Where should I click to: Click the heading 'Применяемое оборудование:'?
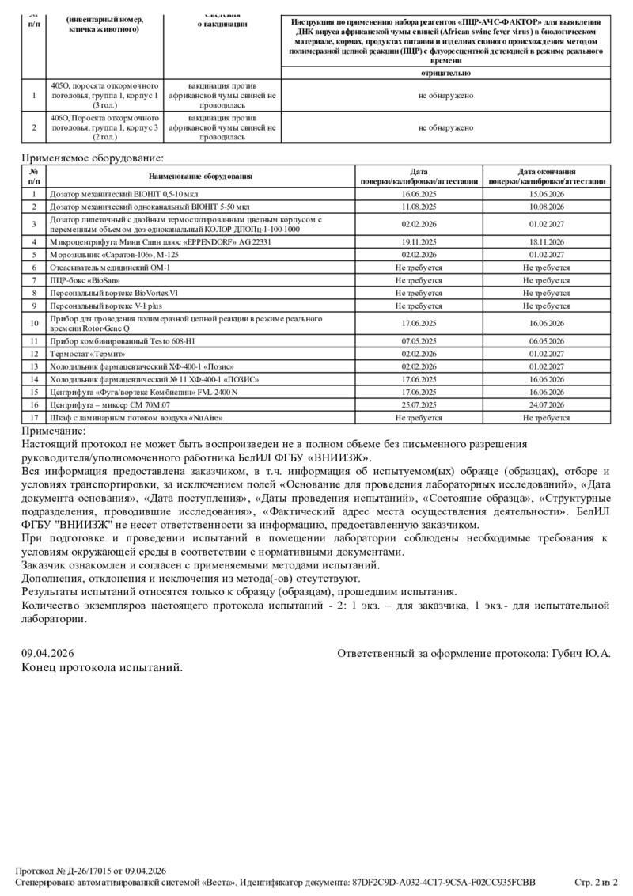pyautogui.click(x=93, y=158)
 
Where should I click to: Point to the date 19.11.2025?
pyautogui.click(x=419, y=241)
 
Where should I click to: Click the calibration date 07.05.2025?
pyautogui.click(x=419, y=340)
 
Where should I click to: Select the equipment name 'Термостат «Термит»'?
pyautogui.click(x=85, y=353)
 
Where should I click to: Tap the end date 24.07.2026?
pyautogui.click(x=547, y=404)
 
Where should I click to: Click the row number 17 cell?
pyautogui.click(x=34, y=416)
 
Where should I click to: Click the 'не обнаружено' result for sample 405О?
pyautogui.click(x=445, y=96)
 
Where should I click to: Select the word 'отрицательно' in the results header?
pyautogui.click(x=445, y=73)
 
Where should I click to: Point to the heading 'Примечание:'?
pyautogui.click(x=53, y=430)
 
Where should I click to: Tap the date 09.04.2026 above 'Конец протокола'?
pyautogui.click(x=47, y=653)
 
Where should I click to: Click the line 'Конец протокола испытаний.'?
pyautogui.click(x=102, y=667)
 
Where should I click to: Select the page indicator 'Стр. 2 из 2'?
pyautogui.click(x=594, y=882)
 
